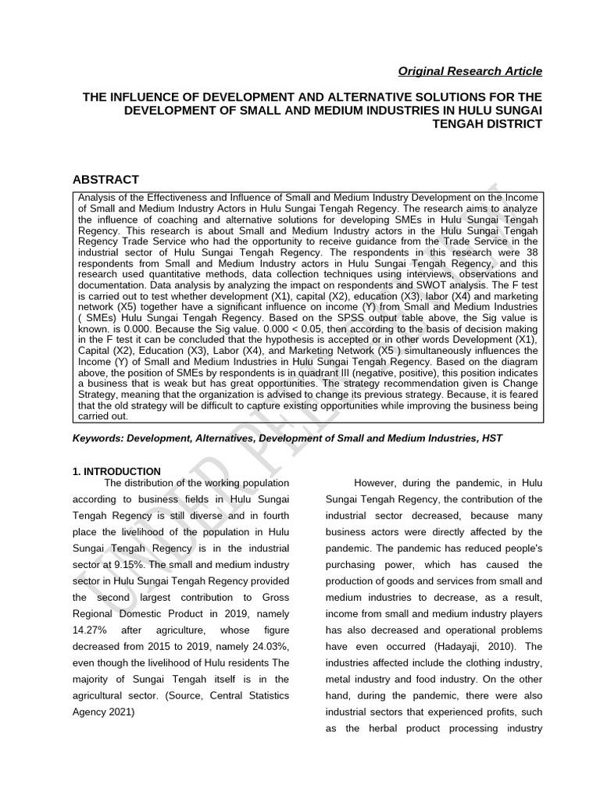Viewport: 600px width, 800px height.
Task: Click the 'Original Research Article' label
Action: (470, 71)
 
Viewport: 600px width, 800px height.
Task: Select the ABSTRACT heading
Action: (105, 180)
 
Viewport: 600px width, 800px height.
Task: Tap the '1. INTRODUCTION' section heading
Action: (116, 472)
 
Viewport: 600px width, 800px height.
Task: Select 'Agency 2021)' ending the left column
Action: (105, 712)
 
